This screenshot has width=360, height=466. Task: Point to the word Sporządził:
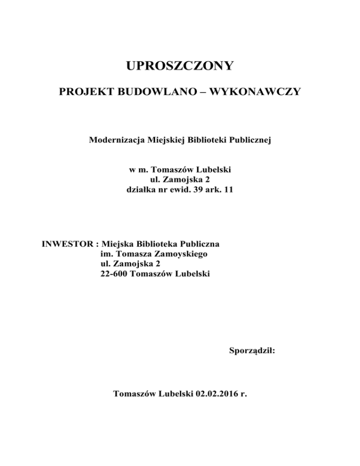[251, 350]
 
